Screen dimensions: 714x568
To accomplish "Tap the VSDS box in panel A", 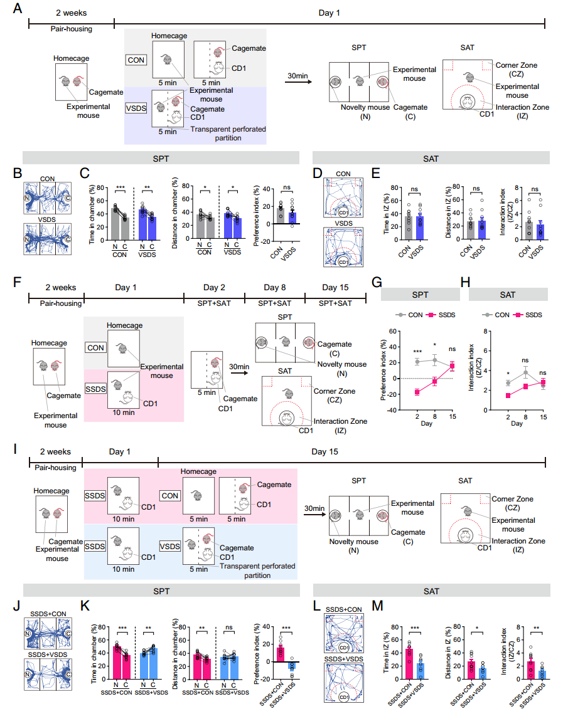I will click(x=136, y=107).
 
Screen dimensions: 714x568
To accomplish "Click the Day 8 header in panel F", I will click(x=274, y=288).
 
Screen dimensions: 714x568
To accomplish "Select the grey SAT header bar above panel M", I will click(x=431, y=590).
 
